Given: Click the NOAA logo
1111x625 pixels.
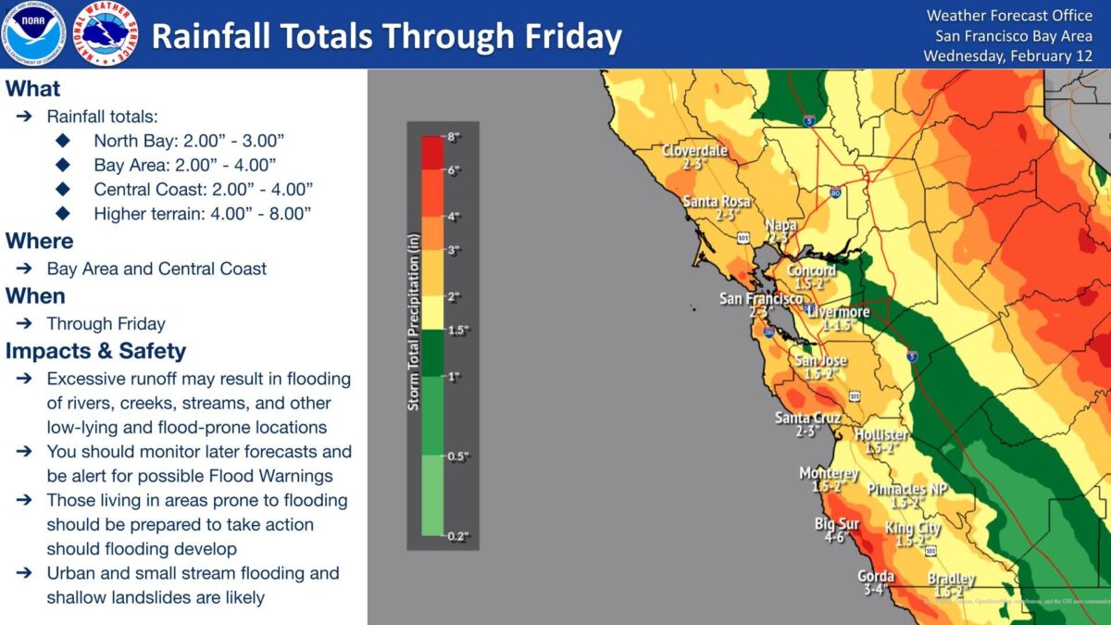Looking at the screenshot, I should pyautogui.click(x=35, y=33).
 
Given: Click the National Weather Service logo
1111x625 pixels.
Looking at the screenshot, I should pyautogui.click(x=105, y=33).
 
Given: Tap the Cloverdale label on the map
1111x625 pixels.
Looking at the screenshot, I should pyautogui.click(x=694, y=151).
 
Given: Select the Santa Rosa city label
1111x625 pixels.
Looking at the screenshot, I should pyautogui.click(x=714, y=201).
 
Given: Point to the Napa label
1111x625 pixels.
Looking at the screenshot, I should pyautogui.click(x=780, y=225).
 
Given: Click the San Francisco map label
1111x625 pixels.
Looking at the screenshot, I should pyautogui.click(x=761, y=299).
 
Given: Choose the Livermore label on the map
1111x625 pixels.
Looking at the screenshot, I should pyautogui.click(x=838, y=312).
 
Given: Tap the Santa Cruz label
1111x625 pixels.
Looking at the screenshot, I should pyautogui.click(x=807, y=419).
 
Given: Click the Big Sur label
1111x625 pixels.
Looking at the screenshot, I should pyautogui.click(x=837, y=524).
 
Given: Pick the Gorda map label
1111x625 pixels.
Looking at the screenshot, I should pyautogui.click(x=875, y=575).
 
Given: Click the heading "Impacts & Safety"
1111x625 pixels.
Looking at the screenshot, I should pyautogui.click(x=95, y=352).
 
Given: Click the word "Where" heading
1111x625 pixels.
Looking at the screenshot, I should pyautogui.click(x=39, y=241).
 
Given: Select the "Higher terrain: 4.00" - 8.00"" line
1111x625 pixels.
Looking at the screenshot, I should pyautogui.click(x=202, y=213).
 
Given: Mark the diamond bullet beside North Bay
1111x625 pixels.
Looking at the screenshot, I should pyautogui.click(x=63, y=141).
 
